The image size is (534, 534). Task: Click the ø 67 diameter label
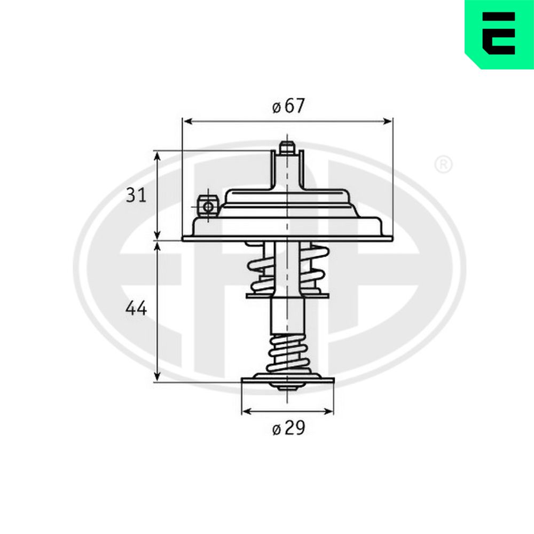[x=288, y=106]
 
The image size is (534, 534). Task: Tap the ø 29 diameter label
[x=288, y=428]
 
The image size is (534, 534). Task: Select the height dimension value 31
[x=136, y=195]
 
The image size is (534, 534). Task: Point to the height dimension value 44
[x=136, y=308]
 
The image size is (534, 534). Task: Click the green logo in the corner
[x=499, y=34]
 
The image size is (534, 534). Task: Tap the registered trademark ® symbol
[x=443, y=164]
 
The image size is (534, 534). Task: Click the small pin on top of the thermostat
[x=287, y=148]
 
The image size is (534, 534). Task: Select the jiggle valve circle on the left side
[x=207, y=206]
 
